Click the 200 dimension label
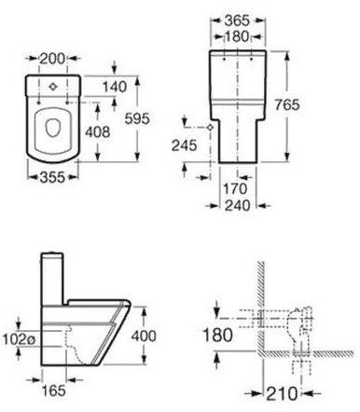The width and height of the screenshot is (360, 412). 53,59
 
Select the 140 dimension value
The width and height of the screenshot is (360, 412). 115,87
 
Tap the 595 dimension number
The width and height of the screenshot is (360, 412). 137,118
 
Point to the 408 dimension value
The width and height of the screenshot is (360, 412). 98,132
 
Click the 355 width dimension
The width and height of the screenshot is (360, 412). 53,177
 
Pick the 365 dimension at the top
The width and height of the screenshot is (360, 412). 237,21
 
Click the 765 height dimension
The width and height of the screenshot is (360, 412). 287,104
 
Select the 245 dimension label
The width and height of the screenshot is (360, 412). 185,145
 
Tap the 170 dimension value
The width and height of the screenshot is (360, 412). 236,188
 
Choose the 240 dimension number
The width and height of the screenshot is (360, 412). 237,205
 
